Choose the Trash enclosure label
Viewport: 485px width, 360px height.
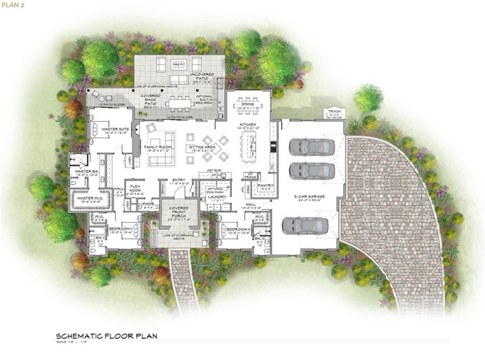point(335,114)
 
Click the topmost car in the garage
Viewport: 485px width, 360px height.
point(307,146)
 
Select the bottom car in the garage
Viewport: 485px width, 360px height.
point(305,225)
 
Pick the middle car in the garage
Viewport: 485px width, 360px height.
point(307,170)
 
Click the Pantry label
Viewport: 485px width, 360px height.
point(265,186)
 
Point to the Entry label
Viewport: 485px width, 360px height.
point(179,182)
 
